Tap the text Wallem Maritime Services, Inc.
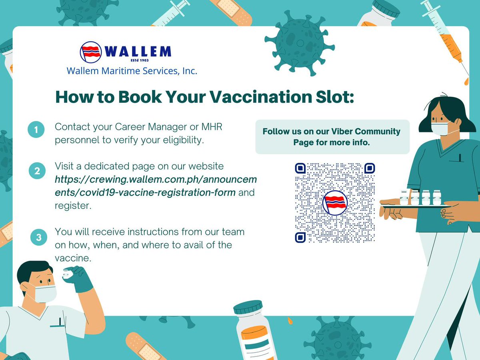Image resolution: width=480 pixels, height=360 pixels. coord(132,71)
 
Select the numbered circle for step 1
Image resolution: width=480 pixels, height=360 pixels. coord(36,130)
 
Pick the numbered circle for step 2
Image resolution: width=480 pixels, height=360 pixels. coord(37,171)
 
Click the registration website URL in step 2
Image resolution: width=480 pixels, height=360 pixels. coord(156,186)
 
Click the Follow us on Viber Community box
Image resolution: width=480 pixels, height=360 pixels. coord(332,137)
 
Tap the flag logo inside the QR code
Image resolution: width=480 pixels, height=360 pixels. coord(335,202)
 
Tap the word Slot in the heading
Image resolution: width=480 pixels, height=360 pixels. coord(332,97)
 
